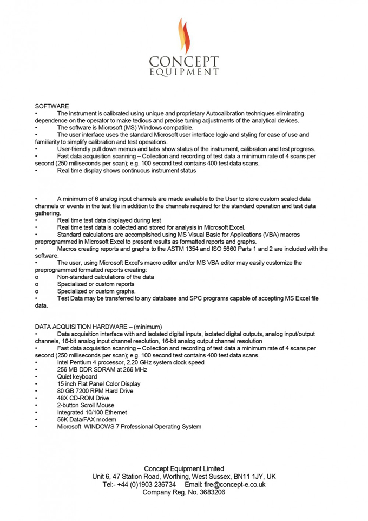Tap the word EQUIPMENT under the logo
[x=184, y=71]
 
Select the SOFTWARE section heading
[x=51, y=106]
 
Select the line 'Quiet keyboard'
[x=77, y=376]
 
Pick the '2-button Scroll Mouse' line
[x=86, y=405]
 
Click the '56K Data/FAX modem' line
[x=87, y=419]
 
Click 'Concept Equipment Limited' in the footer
[x=184, y=468]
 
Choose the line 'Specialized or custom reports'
[x=96, y=284]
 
